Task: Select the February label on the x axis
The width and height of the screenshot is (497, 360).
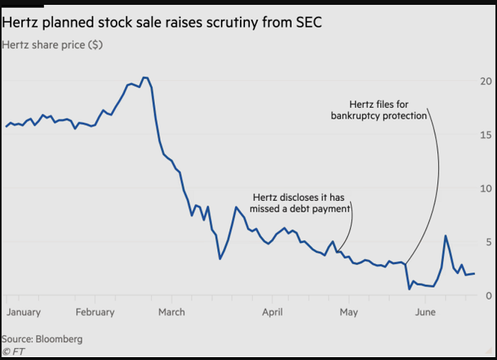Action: [94, 312]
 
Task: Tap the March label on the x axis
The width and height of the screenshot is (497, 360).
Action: [171, 312]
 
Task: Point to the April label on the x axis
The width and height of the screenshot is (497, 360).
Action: [272, 312]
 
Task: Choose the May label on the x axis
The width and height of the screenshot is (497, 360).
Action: [348, 312]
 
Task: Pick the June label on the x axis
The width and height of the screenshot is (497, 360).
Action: [425, 312]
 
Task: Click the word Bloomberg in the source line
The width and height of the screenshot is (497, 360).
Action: [59, 339]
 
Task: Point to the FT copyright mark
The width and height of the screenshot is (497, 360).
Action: [12, 351]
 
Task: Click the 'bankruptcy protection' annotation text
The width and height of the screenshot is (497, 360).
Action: [378, 116]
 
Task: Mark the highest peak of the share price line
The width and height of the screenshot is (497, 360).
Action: [144, 77]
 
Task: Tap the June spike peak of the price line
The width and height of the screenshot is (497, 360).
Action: [445, 236]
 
